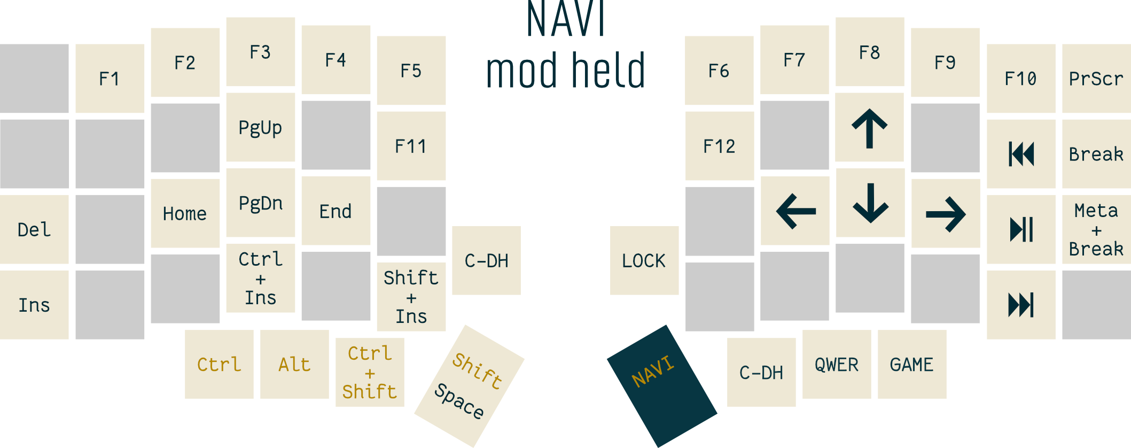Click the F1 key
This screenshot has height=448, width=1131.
pyautogui.click(x=110, y=79)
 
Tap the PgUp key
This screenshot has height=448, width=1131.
pyautogui.click(x=260, y=127)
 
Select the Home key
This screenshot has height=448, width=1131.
pyautogui.click(x=185, y=213)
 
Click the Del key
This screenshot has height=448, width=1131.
pyautogui.click(x=34, y=229)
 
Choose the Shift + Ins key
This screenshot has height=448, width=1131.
pyautogui.click(x=411, y=297)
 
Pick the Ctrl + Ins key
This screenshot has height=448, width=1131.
pyautogui.click(x=260, y=278)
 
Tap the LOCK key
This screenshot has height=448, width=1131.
pyautogui.click(x=644, y=260)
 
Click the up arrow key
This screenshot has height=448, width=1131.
pyautogui.click(x=869, y=127)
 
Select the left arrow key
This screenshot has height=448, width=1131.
pyautogui.click(x=795, y=211)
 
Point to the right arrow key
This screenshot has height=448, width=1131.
pyautogui.click(x=945, y=214)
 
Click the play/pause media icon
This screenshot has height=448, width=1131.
pyautogui.click(x=1021, y=229)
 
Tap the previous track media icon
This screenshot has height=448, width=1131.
pyautogui.click(x=1021, y=154)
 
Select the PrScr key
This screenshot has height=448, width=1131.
pyautogui.click(x=1096, y=79)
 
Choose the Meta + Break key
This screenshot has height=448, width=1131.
pyautogui.click(x=1096, y=229)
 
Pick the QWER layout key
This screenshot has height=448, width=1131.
pyautogui.click(x=837, y=364)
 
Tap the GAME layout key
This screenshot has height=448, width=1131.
pyautogui.click(x=911, y=364)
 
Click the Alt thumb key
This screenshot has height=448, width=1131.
pyautogui.click(x=294, y=364)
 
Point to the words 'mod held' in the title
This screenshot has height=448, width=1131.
pyautogui.click(x=565, y=71)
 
